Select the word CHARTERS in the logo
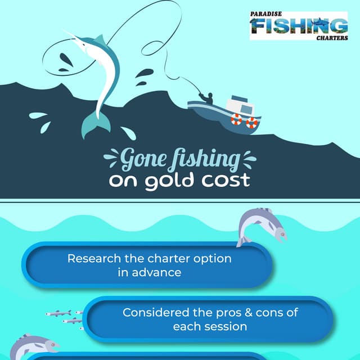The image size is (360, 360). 331,38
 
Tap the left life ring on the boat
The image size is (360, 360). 236,119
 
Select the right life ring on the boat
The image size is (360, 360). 251,122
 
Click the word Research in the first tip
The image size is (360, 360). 93,259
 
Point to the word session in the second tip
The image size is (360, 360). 225,326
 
